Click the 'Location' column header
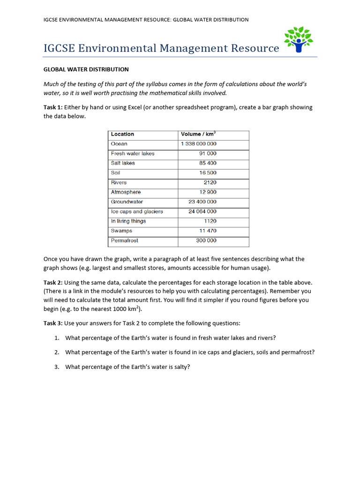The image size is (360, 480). tap(122, 134)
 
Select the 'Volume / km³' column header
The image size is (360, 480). tap(198, 134)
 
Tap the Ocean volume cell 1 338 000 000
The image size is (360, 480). tap(198, 144)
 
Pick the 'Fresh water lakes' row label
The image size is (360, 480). tap(133, 153)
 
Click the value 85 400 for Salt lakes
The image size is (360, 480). tap(208, 163)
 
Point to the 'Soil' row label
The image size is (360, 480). tap(116, 172)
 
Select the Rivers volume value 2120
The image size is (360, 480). tap(210, 182)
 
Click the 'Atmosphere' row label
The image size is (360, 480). tap(126, 192)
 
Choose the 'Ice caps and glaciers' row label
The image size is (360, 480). tap(137, 211)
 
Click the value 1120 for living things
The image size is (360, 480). tap(210, 221)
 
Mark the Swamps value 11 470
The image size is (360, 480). tap(208, 231)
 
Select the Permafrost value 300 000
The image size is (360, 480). tap(206, 240)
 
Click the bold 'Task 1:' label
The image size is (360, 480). tap(53, 107)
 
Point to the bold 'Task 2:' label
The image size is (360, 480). tap(53, 283)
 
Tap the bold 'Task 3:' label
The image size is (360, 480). tap(53, 323)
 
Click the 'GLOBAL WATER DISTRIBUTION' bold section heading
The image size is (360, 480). tap(86, 69)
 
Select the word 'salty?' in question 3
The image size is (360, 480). tap(181, 367)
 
